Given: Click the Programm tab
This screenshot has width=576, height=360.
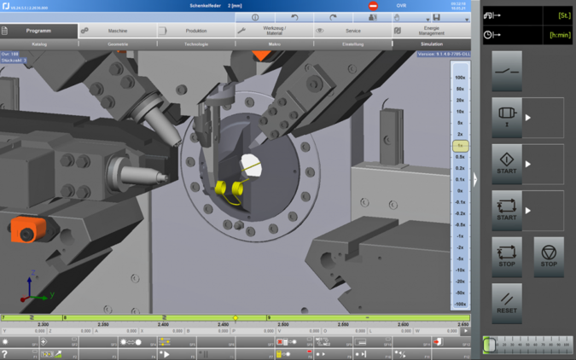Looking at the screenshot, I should pos(38,31).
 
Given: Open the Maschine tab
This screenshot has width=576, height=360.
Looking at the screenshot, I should pos(117,31).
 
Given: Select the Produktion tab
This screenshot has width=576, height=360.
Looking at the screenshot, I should pos(195,31).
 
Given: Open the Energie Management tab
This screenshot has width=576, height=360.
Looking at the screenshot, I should pos(430,31).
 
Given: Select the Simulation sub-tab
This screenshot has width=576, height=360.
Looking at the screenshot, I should pos(431,44).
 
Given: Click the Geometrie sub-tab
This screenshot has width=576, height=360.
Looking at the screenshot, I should pos(118,44).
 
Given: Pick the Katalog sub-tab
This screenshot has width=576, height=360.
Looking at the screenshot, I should pos(39,44).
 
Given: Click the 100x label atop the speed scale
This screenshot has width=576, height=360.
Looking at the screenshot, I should pos(460,78).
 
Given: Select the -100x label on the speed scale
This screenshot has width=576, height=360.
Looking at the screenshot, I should pos(460,304).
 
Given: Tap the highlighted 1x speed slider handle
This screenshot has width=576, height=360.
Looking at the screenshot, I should pos(460,146).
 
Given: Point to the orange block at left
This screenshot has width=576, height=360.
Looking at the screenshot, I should pos(26,229).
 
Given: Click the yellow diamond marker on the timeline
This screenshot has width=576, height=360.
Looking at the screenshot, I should pos(236,318).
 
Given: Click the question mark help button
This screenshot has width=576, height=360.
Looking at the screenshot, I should pos(6,354).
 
